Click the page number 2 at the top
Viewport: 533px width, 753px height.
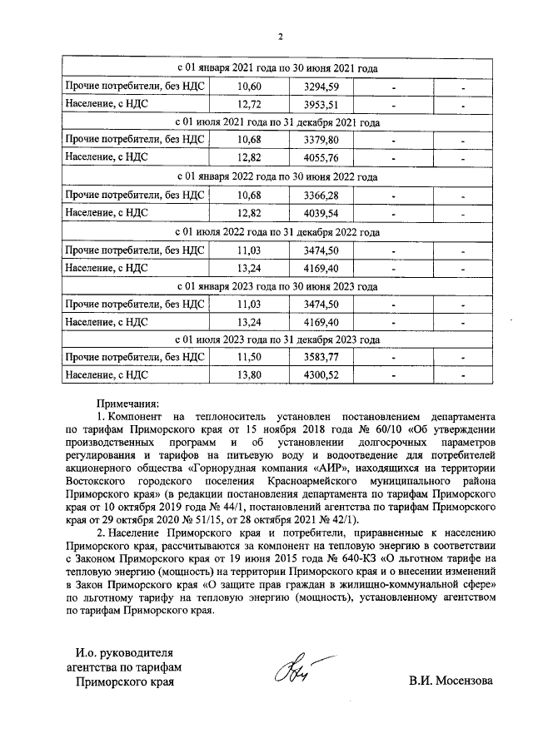pyautogui.click(x=281, y=37)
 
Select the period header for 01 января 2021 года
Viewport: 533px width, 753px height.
pyautogui.click(x=278, y=67)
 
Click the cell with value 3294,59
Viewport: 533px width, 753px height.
pyautogui.click(x=313, y=87)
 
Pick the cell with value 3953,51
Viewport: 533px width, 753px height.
pyautogui.click(x=313, y=105)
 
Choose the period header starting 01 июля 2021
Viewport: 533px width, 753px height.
pyautogui.click(x=278, y=122)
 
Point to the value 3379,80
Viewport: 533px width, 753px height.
pyautogui.click(x=313, y=140)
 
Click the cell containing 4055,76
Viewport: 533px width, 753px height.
pyautogui.click(x=313, y=158)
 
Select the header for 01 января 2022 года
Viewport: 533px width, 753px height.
pyautogui.click(x=278, y=176)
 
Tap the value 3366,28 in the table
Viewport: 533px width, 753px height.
pyautogui.click(x=313, y=195)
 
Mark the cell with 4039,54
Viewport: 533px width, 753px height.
pyautogui.click(x=313, y=212)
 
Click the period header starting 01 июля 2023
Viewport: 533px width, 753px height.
pyautogui.click(x=278, y=339)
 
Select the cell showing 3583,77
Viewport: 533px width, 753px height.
pyautogui.click(x=313, y=357)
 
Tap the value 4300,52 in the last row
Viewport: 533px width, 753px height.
pyautogui.click(x=313, y=375)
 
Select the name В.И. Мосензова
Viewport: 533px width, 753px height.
pyautogui.click(x=451, y=681)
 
